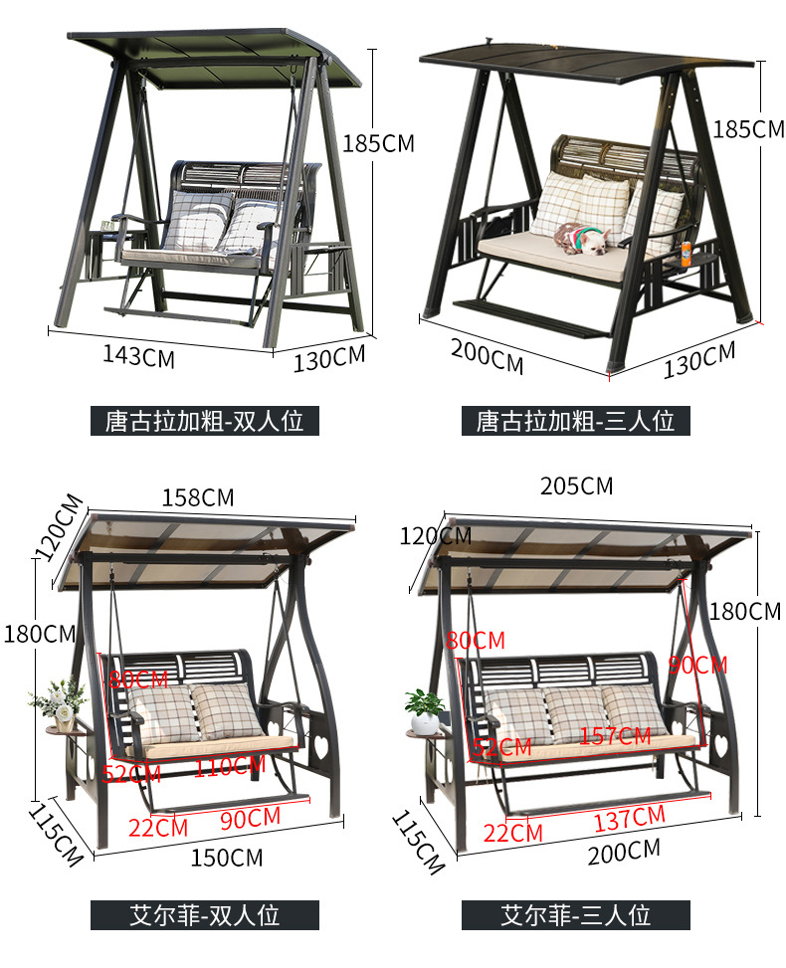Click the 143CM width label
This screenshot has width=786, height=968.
138,354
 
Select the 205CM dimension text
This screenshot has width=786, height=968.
576,485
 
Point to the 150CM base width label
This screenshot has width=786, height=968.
226,856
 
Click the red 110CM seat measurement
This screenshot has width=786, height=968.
229,765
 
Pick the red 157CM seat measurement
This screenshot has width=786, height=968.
615,737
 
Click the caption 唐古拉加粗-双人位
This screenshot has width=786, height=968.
204,421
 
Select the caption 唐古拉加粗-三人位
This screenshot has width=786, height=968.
575,421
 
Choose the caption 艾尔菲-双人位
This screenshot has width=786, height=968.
204,914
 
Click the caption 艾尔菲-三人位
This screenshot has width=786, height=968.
575,914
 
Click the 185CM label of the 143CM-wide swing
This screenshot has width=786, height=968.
378,143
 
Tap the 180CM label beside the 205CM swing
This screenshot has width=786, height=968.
745,611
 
